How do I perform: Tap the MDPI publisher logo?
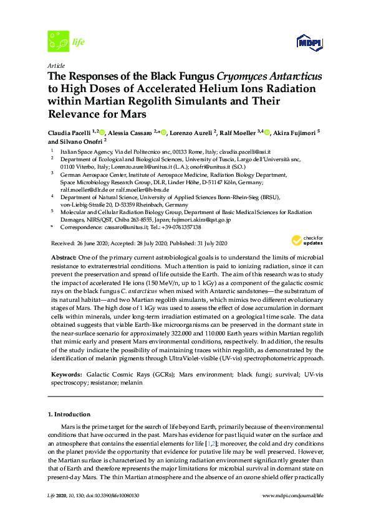(305, 43)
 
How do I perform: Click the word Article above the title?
(55, 65)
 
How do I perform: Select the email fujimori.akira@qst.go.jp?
(198, 220)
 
